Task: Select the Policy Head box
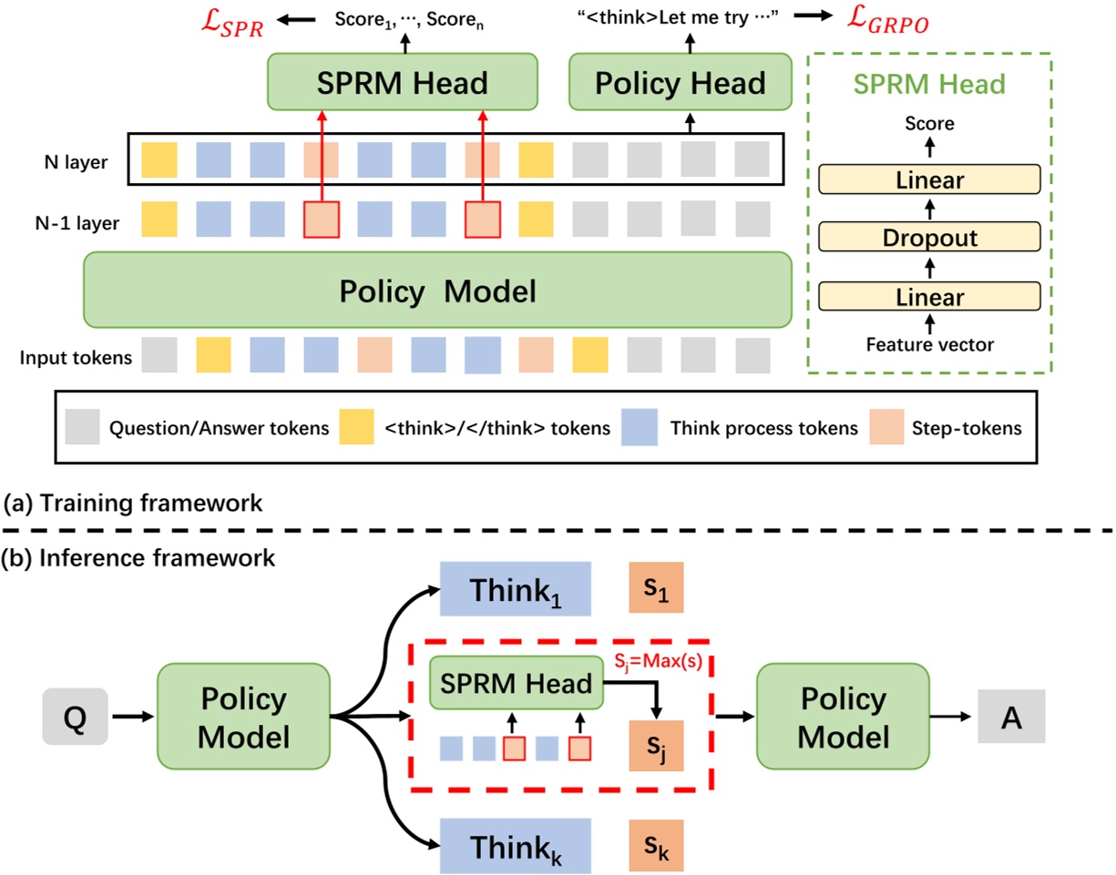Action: (x=679, y=84)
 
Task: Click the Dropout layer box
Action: (x=928, y=238)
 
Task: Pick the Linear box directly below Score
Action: (x=928, y=179)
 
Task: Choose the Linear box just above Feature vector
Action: (x=928, y=296)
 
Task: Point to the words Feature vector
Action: (x=928, y=344)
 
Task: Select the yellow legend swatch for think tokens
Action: (x=356, y=427)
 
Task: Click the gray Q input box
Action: (x=75, y=715)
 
